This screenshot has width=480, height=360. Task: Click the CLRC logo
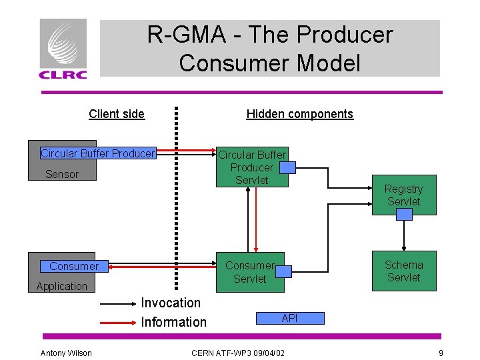[63, 49]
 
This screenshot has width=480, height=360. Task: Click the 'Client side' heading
[117, 114]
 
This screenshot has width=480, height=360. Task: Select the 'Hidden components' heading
[300, 114]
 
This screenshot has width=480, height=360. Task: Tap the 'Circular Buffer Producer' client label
[97, 153]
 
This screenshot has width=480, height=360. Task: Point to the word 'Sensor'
[62, 175]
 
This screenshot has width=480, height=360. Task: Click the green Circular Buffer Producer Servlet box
[252, 167]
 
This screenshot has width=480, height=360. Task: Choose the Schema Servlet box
[404, 271]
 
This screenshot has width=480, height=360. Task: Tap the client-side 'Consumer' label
[73, 266]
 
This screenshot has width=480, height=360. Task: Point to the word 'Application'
[62, 287]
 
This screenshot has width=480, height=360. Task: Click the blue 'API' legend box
[289, 319]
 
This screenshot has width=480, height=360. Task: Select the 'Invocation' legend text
[171, 303]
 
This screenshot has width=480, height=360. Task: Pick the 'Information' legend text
[174, 322]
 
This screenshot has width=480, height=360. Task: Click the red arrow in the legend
[118, 323]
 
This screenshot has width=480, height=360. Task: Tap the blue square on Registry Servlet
[404, 214]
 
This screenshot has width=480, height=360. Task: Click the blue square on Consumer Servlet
[283, 271]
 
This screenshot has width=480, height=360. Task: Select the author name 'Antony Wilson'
[66, 353]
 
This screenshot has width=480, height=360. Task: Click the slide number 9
[441, 353]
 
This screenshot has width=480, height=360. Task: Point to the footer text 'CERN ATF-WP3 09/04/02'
[237, 353]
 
